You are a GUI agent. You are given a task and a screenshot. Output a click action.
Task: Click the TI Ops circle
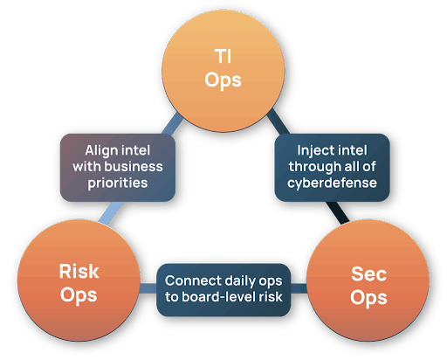[223, 71]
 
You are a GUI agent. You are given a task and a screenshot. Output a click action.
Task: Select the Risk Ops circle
[79, 280]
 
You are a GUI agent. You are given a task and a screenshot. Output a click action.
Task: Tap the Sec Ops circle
[368, 280]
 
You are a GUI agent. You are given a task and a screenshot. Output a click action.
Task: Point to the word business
[134, 167]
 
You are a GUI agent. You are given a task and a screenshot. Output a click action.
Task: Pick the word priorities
[118, 183]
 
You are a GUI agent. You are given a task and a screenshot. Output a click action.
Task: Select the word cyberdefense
[332, 183]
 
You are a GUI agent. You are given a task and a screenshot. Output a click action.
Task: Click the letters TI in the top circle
[223, 56]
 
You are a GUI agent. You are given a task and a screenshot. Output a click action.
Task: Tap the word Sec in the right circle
[368, 273]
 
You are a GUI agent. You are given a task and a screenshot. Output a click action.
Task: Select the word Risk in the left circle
[79, 271]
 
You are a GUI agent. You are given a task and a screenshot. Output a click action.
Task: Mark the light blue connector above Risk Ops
[111, 213]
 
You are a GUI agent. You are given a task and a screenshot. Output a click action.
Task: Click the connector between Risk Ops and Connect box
[148, 288]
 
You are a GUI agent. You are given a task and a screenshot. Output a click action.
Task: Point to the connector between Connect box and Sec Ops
[299, 288]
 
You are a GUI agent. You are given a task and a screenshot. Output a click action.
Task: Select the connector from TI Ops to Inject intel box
[279, 121]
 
